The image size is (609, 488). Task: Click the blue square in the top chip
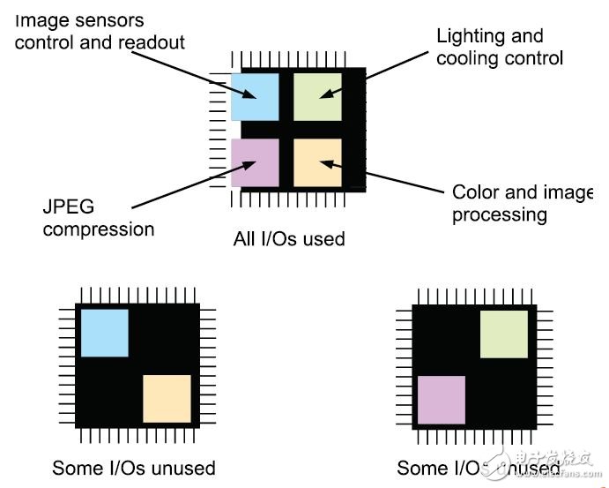click(x=255, y=97)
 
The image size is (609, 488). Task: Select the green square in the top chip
click(x=317, y=97)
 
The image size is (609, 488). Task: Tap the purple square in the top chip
click(x=255, y=162)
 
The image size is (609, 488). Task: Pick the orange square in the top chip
click(x=317, y=162)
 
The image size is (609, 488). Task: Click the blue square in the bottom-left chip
click(x=105, y=333)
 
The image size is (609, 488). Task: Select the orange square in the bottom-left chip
click(x=167, y=399)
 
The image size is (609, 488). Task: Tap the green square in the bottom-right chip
click(x=503, y=334)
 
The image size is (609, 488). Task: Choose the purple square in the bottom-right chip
click(x=441, y=400)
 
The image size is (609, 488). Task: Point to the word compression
click(x=99, y=230)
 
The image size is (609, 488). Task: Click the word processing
click(x=500, y=214)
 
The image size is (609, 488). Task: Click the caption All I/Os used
click(x=289, y=238)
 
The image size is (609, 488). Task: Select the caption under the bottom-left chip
click(x=134, y=468)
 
